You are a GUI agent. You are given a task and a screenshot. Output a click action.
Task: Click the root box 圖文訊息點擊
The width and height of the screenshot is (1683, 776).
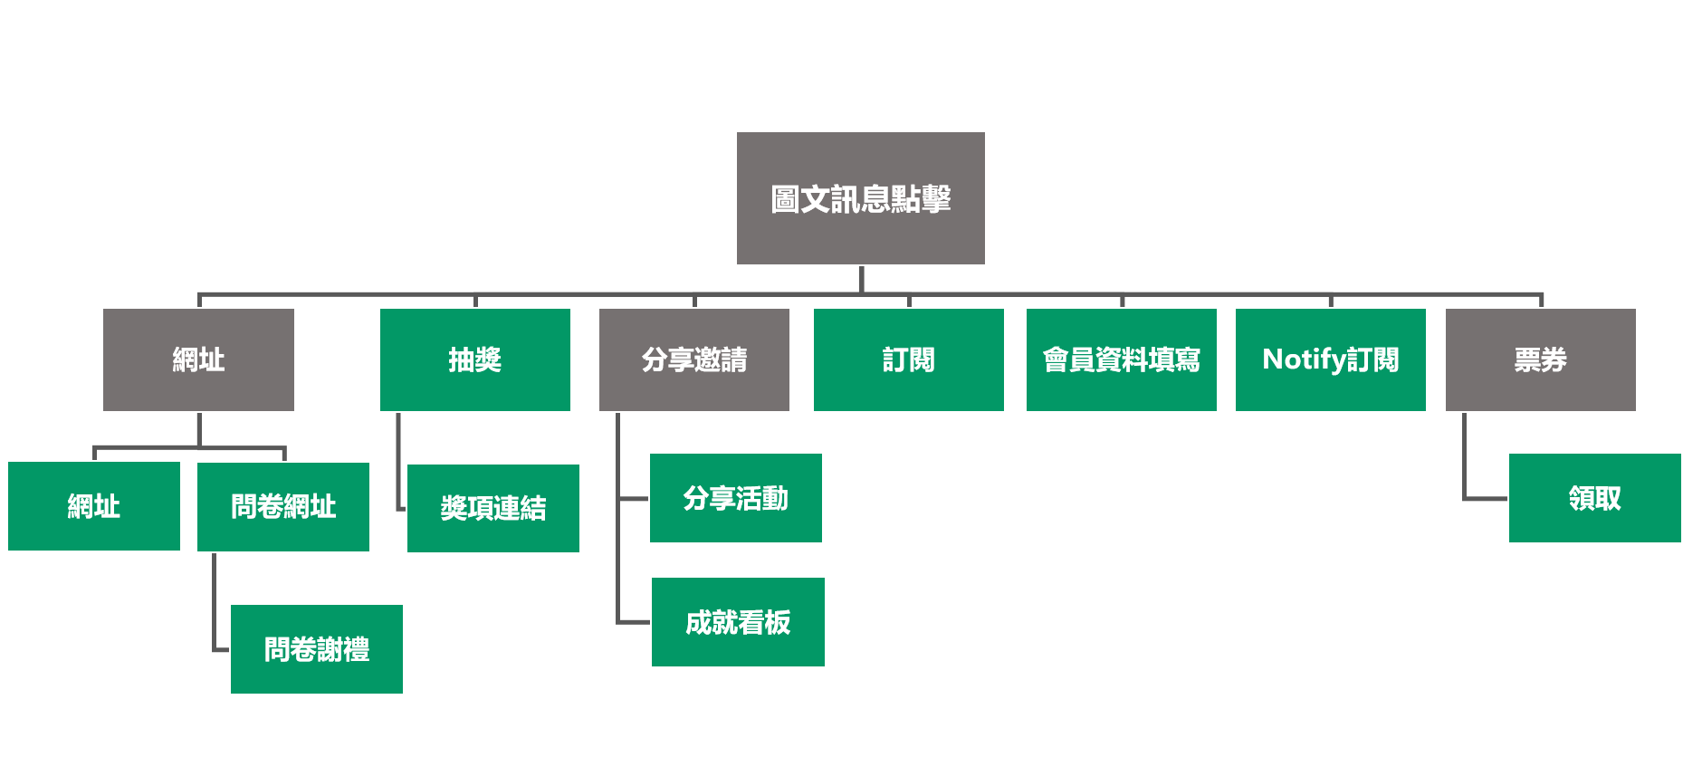[860, 198]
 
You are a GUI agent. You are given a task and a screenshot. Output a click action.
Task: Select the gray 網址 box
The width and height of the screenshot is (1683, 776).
[198, 359]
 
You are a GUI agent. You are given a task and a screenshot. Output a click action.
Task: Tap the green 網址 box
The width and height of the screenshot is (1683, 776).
[94, 506]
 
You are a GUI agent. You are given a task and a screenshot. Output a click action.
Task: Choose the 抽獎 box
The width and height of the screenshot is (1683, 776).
[474, 359]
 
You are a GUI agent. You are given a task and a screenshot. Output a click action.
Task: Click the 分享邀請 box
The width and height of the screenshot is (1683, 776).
[693, 359]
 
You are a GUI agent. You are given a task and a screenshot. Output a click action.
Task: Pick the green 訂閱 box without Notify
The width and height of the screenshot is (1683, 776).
[908, 359]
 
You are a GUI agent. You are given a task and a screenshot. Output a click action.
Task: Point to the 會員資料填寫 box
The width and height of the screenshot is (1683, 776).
[1121, 359]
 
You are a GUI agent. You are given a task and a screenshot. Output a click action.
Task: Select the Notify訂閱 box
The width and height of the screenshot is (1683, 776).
[1330, 359]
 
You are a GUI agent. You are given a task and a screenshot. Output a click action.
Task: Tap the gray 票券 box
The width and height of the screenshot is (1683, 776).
[1540, 359]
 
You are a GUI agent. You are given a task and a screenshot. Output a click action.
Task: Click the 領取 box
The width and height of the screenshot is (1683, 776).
[1594, 498]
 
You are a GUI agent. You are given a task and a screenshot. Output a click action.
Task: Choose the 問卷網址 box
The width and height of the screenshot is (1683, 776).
[282, 506]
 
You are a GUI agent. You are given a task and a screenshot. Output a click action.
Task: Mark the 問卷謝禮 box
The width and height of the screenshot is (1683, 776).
[316, 649]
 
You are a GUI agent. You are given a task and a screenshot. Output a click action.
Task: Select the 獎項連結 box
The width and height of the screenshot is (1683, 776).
[492, 508]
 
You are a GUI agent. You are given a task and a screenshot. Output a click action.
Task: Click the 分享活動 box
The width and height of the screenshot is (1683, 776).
[735, 498]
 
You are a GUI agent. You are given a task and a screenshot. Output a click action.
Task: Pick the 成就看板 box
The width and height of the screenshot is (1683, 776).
[738, 622]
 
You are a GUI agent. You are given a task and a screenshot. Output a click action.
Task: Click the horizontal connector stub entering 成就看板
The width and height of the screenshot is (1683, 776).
[634, 622]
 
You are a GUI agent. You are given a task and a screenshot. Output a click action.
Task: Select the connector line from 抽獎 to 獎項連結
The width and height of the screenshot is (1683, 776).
[398, 462]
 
